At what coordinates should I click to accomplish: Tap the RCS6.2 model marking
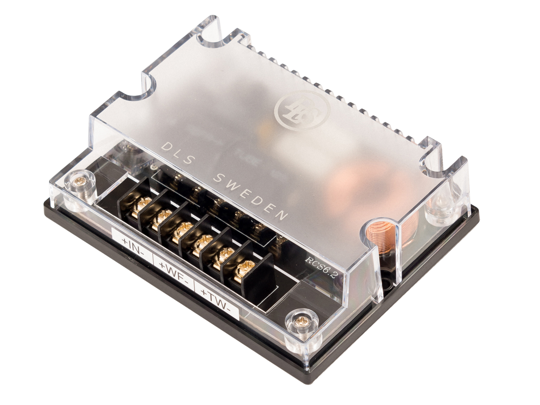(321, 267)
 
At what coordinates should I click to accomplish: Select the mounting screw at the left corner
(80, 182)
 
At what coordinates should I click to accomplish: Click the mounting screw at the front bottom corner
(301, 320)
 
